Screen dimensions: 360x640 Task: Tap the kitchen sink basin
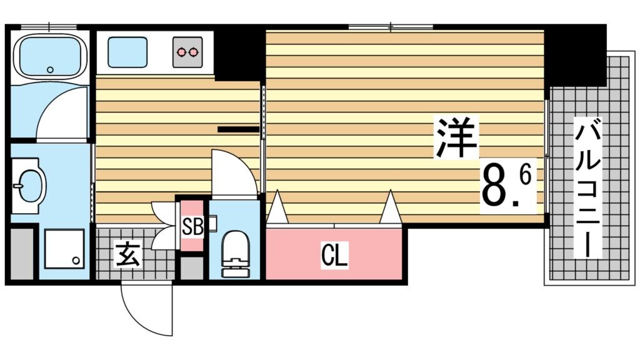(126, 52)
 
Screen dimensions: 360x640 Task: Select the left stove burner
(181, 51)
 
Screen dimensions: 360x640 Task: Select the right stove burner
(195, 51)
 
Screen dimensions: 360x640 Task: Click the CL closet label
(334, 254)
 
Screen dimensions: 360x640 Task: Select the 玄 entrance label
(128, 254)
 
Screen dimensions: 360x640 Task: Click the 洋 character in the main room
(457, 139)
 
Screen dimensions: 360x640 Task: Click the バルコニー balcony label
(589, 187)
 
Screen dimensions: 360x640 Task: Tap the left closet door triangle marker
(277, 208)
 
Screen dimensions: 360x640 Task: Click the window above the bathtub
(47, 27)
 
